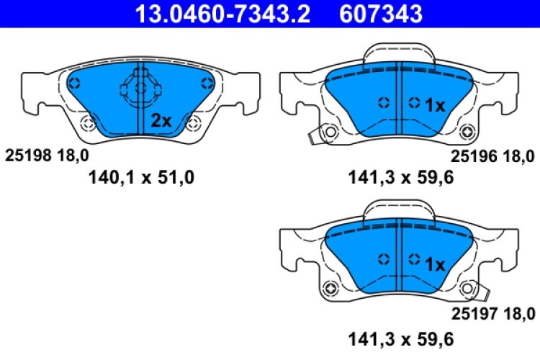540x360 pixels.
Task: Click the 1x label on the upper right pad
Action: pos(435,106)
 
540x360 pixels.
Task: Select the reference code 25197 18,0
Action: pos(492,312)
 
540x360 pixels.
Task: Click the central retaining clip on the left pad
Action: pos(141,89)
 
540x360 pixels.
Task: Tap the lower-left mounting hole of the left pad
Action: pos(89,123)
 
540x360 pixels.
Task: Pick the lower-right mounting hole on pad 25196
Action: pos(469,132)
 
